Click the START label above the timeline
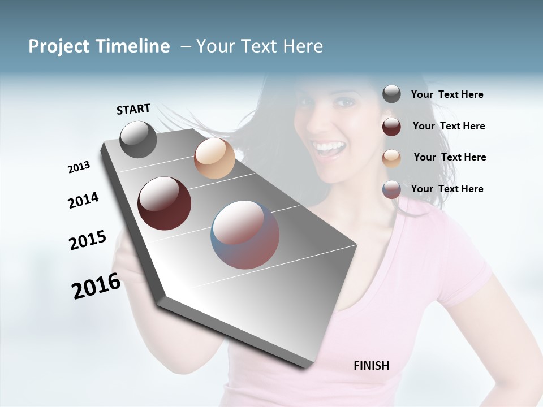pyautogui.click(x=133, y=109)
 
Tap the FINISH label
pyautogui.click(x=372, y=366)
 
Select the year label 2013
pyautogui.click(x=79, y=167)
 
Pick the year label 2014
pyautogui.click(x=83, y=201)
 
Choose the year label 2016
pyautogui.click(x=96, y=286)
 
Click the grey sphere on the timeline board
pyautogui.click(x=138, y=139)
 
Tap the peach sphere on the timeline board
pyautogui.click(x=214, y=158)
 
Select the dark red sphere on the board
pyautogui.click(x=165, y=203)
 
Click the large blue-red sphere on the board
pyautogui.click(x=245, y=235)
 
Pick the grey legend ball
pyautogui.click(x=391, y=94)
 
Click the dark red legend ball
pyautogui.click(x=391, y=126)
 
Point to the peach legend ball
pyautogui.click(x=391, y=158)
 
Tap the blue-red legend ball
pyautogui.click(x=391, y=189)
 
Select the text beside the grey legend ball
pyautogui.click(x=447, y=94)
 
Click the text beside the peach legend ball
pyautogui.click(x=450, y=157)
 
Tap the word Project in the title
pyautogui.click(x=59, y=46)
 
